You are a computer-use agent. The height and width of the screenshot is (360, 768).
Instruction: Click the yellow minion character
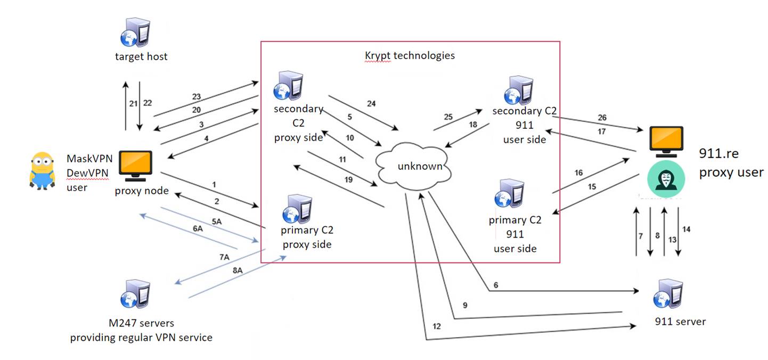42,170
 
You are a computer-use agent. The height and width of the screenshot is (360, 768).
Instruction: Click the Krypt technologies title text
410,55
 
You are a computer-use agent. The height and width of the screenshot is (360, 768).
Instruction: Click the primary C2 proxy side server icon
299,210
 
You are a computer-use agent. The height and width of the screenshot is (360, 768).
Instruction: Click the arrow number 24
371,103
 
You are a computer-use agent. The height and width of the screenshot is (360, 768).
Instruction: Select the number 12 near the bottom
436,326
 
